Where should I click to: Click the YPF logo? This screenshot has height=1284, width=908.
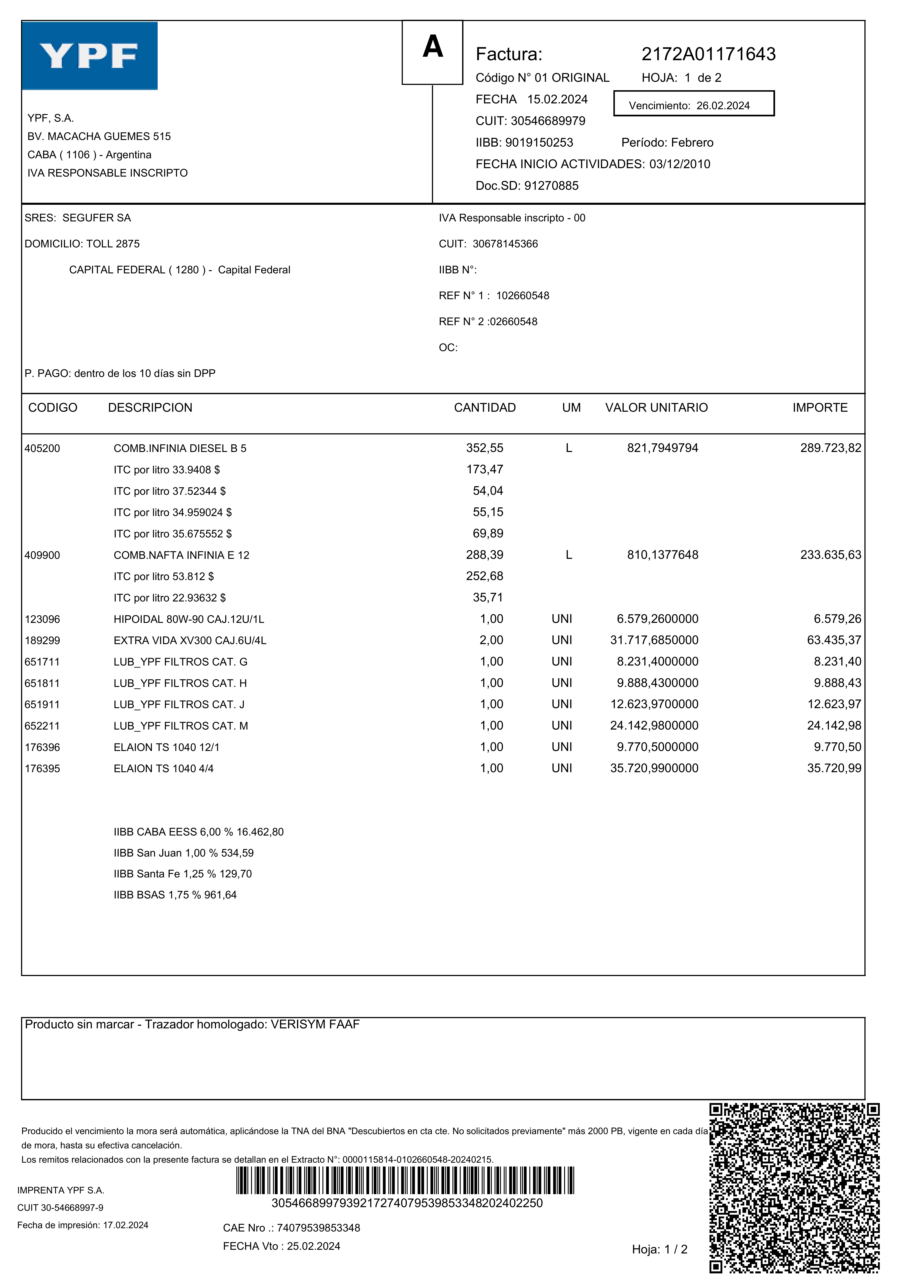tap(90, 56)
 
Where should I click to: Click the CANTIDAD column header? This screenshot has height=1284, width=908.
tap(484, 408)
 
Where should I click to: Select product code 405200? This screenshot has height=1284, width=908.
tap(42, 448)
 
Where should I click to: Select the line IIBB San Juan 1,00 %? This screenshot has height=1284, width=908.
tap(183, 853)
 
